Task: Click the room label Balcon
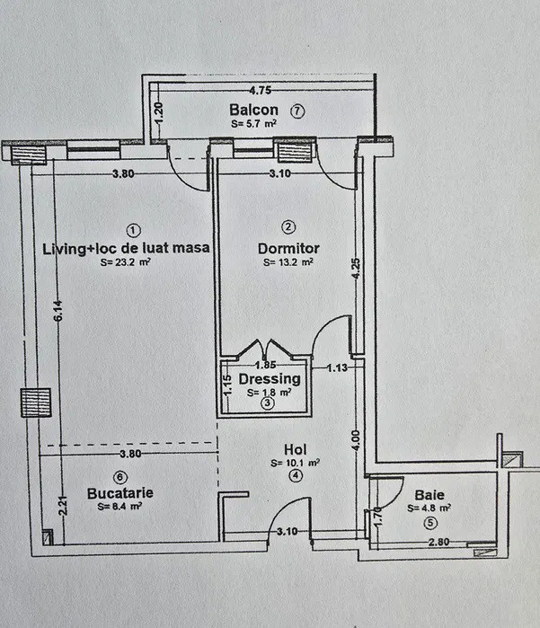[253, 111]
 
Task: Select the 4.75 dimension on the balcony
[260, 90]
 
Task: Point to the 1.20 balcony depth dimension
[158, 113]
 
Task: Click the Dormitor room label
[288, 248]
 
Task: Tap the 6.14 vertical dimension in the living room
[58, 311]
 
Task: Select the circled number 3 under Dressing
[267, 405]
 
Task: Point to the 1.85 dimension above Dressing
[264, 366]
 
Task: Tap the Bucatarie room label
[120, 493]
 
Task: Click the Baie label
[429, 494]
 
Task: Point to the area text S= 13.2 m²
[288, 263]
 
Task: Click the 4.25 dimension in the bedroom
[356, 270]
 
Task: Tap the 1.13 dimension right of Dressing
[337, 367]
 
